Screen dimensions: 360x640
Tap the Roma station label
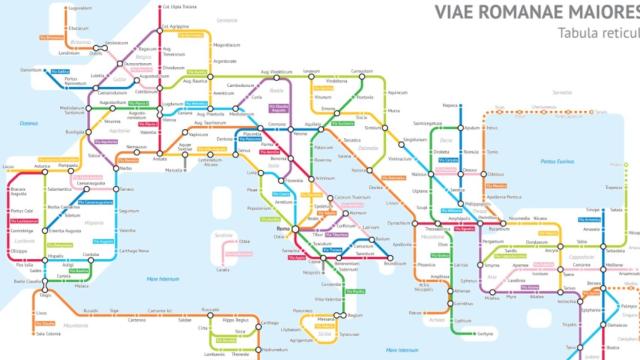tap(281, 231)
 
